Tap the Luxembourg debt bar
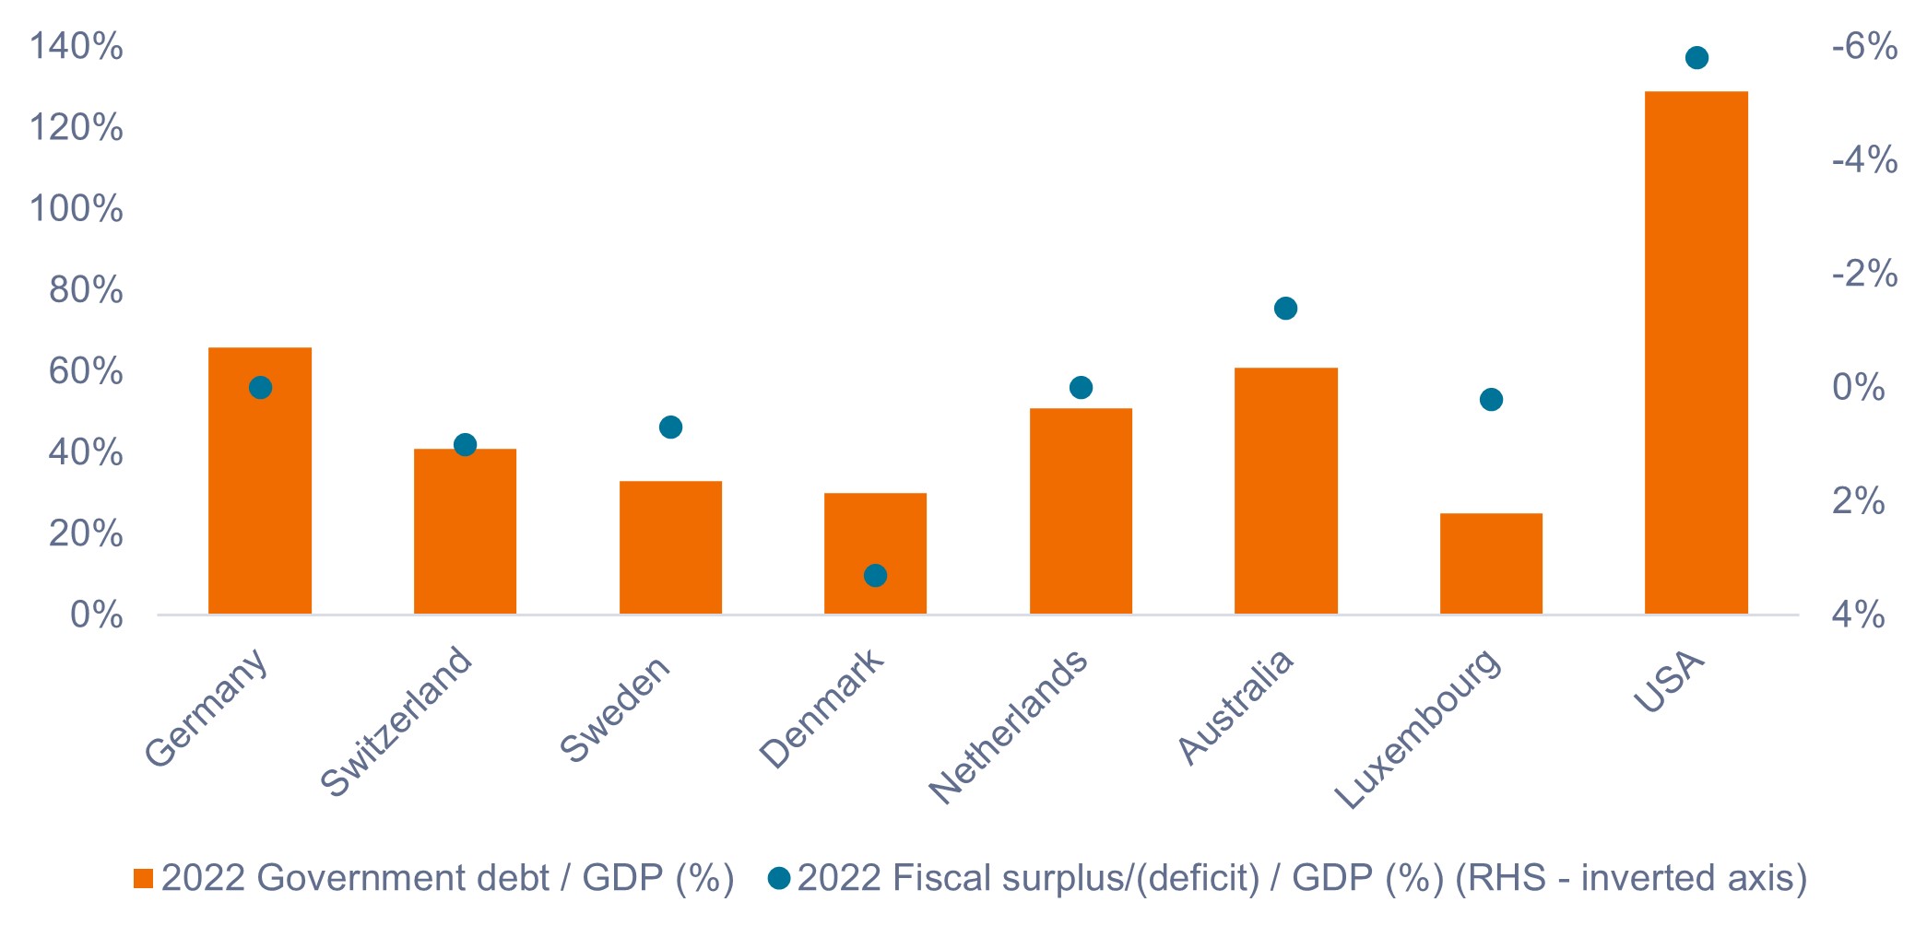[x=1491, y=563]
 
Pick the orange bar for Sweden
[x=670, y=547]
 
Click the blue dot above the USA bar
[x=1696, y=58]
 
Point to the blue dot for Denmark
[x=875, y=576]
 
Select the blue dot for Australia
[x=1285, y=309]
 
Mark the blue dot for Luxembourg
[x=1491, y=400]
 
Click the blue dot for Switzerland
[x=465, y=445]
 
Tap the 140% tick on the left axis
[x=77, y=46]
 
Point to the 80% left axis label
[x=86, y=290]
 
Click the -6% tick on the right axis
[x=1864, y=46]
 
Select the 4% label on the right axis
[x=1858, y=615]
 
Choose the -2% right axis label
[x=1864, y=274]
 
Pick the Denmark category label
[x=822, y=709]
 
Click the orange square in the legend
[x=143, y=879]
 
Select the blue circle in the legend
[x=779, y=879]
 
